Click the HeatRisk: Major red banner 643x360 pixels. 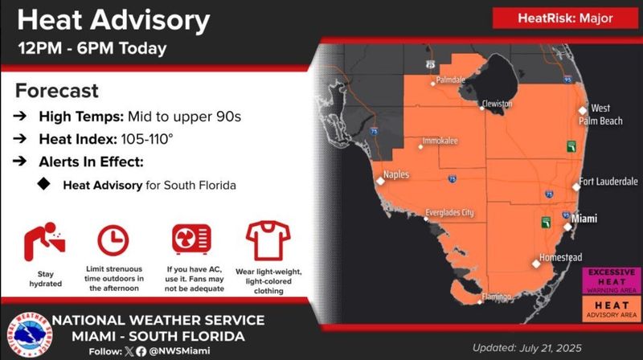pyautogui.click(x=565, y=18)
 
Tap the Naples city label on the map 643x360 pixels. pyautogui.click(x=396, y=174)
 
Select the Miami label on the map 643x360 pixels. pyautogui.click(x=584, y=219)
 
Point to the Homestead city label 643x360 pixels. pyautogui.click(x=560, y=257)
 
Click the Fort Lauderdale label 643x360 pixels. pyautogui.click(x=608, y=182)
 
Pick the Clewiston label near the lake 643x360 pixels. pyautogui.click(x=498, y=104)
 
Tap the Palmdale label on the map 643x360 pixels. pyautogui.click(x=451, y=80)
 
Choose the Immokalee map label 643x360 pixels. pyautogui.click(x=440, y=141)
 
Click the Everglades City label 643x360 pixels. pyautogui.click(x=449, y=212)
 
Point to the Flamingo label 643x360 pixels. pyautogui.click(x=497, y=296)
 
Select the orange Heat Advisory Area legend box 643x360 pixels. pyautogui.click(x=612, y=309)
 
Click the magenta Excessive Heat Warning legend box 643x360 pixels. pyautogui.click(x=612, y=281)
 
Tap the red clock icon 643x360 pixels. pyautogui.click(x=113, y=240)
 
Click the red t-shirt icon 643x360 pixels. pyautogui.click(x=268, y=241)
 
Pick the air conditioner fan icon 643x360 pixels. pyautogui.click(x=191, y=239)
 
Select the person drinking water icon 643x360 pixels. pyautogui.click(x=45, y=242)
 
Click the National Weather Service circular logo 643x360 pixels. pyautogui.click(x=30, y=334)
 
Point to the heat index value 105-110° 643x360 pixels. pyautogui.click(x=147, y=139)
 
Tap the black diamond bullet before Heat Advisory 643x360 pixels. pyautogui.click(x=44, y=184)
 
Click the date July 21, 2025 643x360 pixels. pyautogui.click(x=551, y=348)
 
